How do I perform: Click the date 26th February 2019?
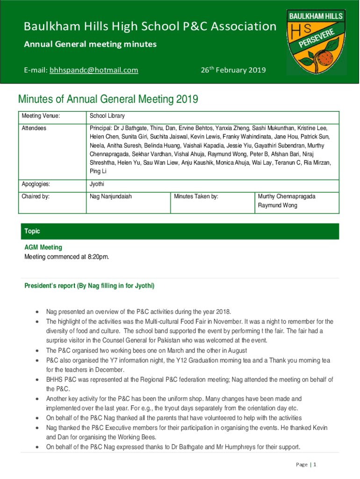click(233, 70)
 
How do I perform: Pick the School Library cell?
click(107, 116)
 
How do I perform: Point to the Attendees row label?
click(34, 128)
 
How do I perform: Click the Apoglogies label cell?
click(37, 184)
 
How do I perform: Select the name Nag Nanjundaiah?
click(111, 196)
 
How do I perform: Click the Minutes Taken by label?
click(196, 196)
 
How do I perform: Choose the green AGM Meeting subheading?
click(43, 247)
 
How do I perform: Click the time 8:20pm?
click(98, 256)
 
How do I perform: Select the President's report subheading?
click(89, 285)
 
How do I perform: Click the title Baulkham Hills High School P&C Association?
click(150, 27)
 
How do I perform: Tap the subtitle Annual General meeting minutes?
click(90, 44)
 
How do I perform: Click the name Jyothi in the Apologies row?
click(97, 184)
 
